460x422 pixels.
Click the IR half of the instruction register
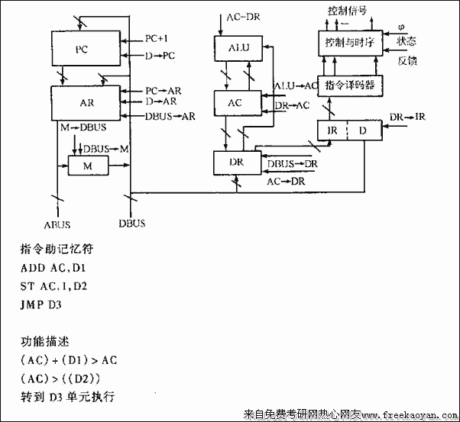(332, 130)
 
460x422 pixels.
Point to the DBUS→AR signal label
(170, 116)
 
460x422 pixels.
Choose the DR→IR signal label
(407, 117)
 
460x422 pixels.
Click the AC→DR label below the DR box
(284, 182)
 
